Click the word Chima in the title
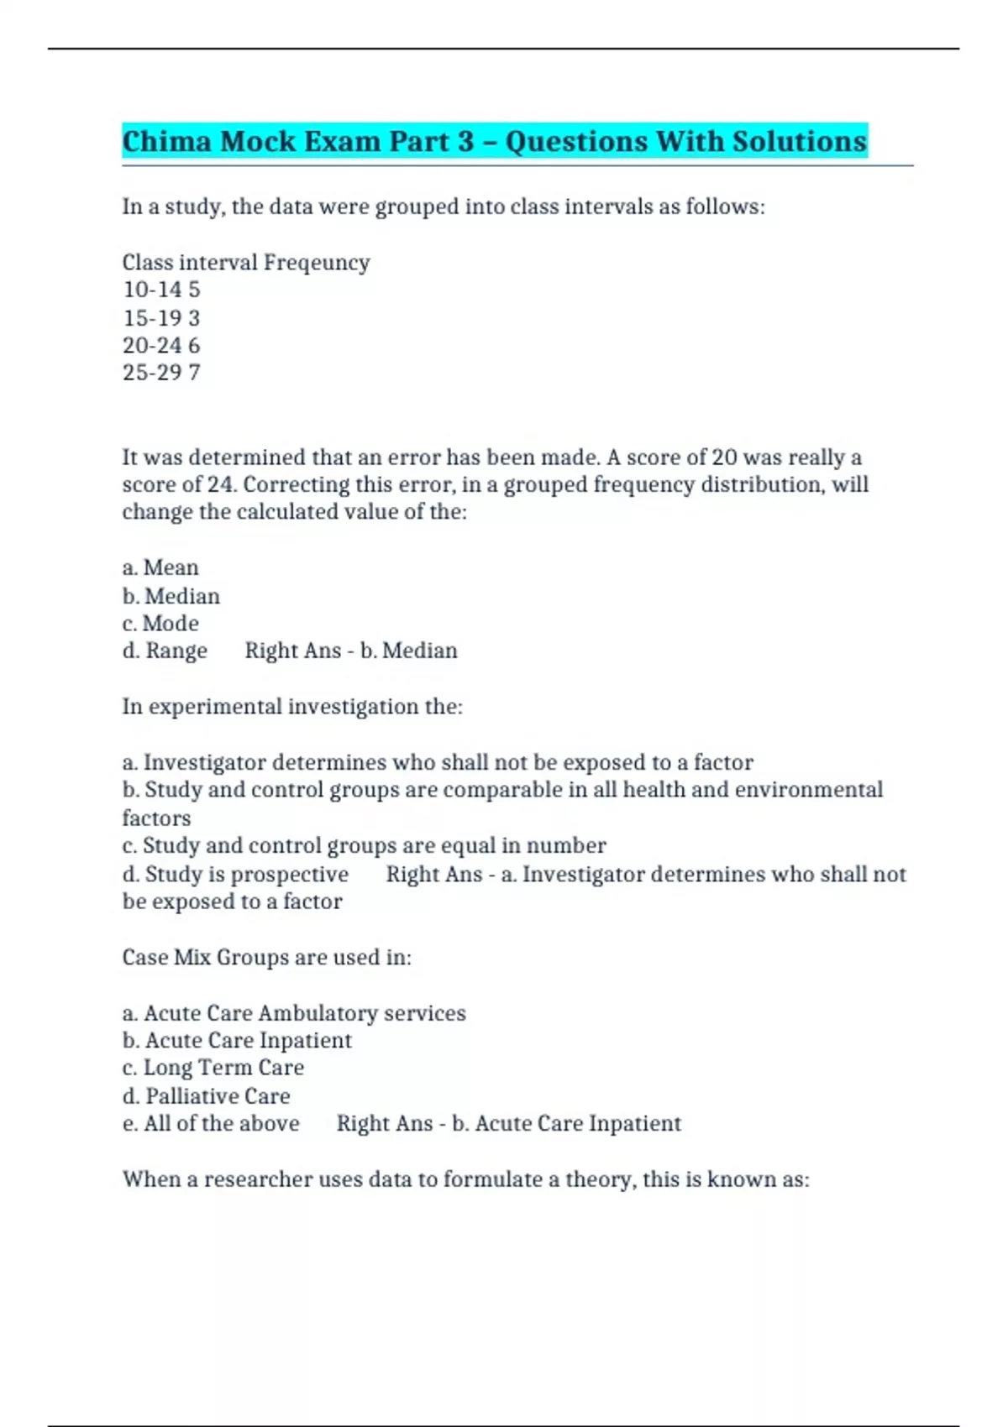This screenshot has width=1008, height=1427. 166,141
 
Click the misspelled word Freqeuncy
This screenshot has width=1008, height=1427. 317,263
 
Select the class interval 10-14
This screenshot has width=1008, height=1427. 152,290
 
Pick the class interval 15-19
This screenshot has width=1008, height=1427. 152,318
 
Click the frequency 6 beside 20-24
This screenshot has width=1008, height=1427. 194,345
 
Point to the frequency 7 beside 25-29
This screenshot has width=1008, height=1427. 194,373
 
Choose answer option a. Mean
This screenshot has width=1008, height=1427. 160,568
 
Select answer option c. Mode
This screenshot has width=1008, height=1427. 160,624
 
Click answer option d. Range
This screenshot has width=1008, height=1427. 165,651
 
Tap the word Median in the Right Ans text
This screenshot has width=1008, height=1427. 419,651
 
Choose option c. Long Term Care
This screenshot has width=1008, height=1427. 213,1068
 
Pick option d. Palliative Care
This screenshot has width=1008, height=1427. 206,1096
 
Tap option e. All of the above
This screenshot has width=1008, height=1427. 211,1124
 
